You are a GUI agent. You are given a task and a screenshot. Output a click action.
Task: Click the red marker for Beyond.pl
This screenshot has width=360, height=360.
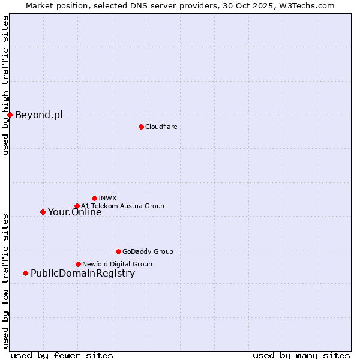(x=10, y=115)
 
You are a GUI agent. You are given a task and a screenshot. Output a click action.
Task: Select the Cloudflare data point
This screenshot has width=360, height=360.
(x=141, y=127)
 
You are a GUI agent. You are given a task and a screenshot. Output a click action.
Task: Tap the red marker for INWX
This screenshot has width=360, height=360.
(x=94, y=198)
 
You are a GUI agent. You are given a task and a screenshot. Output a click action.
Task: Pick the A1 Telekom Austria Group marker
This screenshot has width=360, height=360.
(x=77, y=206)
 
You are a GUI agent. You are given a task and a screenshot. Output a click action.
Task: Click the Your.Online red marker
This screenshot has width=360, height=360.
(x=43, y=212)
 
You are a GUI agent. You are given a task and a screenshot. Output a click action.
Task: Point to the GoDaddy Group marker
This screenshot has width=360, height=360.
(x=118, y=251)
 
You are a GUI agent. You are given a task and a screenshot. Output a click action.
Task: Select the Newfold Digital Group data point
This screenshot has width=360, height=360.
(x=78, y=264)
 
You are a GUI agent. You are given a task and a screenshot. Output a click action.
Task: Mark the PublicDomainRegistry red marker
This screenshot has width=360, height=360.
(x=25, y=274)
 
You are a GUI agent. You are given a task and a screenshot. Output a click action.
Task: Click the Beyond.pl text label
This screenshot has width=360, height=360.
(x=38, y=115)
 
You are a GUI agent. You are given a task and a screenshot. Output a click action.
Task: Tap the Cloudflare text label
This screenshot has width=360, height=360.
(x=161, y=127)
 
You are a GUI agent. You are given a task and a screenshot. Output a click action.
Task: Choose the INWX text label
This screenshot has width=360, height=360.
(x=107, y=198)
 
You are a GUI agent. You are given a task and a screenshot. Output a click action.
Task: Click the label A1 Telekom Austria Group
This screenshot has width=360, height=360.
(x=122, y=206)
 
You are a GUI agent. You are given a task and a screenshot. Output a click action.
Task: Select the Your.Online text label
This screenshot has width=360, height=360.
(x=74, y=212)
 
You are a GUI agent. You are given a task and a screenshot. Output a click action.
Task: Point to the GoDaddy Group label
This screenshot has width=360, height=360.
(x=147, y=251)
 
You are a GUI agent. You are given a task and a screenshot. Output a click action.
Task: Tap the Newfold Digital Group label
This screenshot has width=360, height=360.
(x=117, y=264)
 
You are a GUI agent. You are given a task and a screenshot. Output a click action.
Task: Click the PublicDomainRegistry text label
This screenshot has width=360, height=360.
(x=83, y=274)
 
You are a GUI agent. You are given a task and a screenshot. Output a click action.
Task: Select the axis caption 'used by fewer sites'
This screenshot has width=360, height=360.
(x=62, y=355)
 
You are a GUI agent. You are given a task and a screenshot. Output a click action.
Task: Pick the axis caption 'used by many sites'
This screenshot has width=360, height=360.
(x=301, y=355)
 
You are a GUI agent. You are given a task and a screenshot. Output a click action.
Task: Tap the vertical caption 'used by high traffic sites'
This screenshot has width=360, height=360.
(x=5, y=85)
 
